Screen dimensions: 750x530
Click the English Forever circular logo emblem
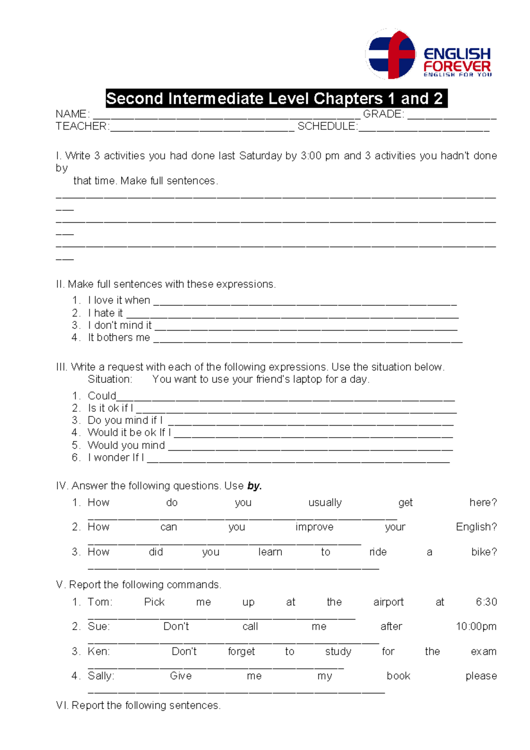coord(390,54)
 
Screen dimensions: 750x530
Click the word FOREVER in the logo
coord(457,67)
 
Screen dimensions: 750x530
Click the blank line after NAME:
coord(225,115)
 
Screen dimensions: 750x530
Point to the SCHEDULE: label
coord(327,126)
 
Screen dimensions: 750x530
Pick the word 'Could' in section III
coord(102,396)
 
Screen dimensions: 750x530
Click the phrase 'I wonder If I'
coord(116,457)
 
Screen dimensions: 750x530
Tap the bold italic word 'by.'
coord(254,486)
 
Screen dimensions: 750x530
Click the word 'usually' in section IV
coord(325,503)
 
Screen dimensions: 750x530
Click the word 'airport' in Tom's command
coord(388,602)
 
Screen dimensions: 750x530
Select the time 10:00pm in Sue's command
coord(476,627)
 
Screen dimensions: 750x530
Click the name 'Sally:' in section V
coord(101,676)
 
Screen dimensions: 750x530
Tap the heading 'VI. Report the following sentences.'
coord(138,705)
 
